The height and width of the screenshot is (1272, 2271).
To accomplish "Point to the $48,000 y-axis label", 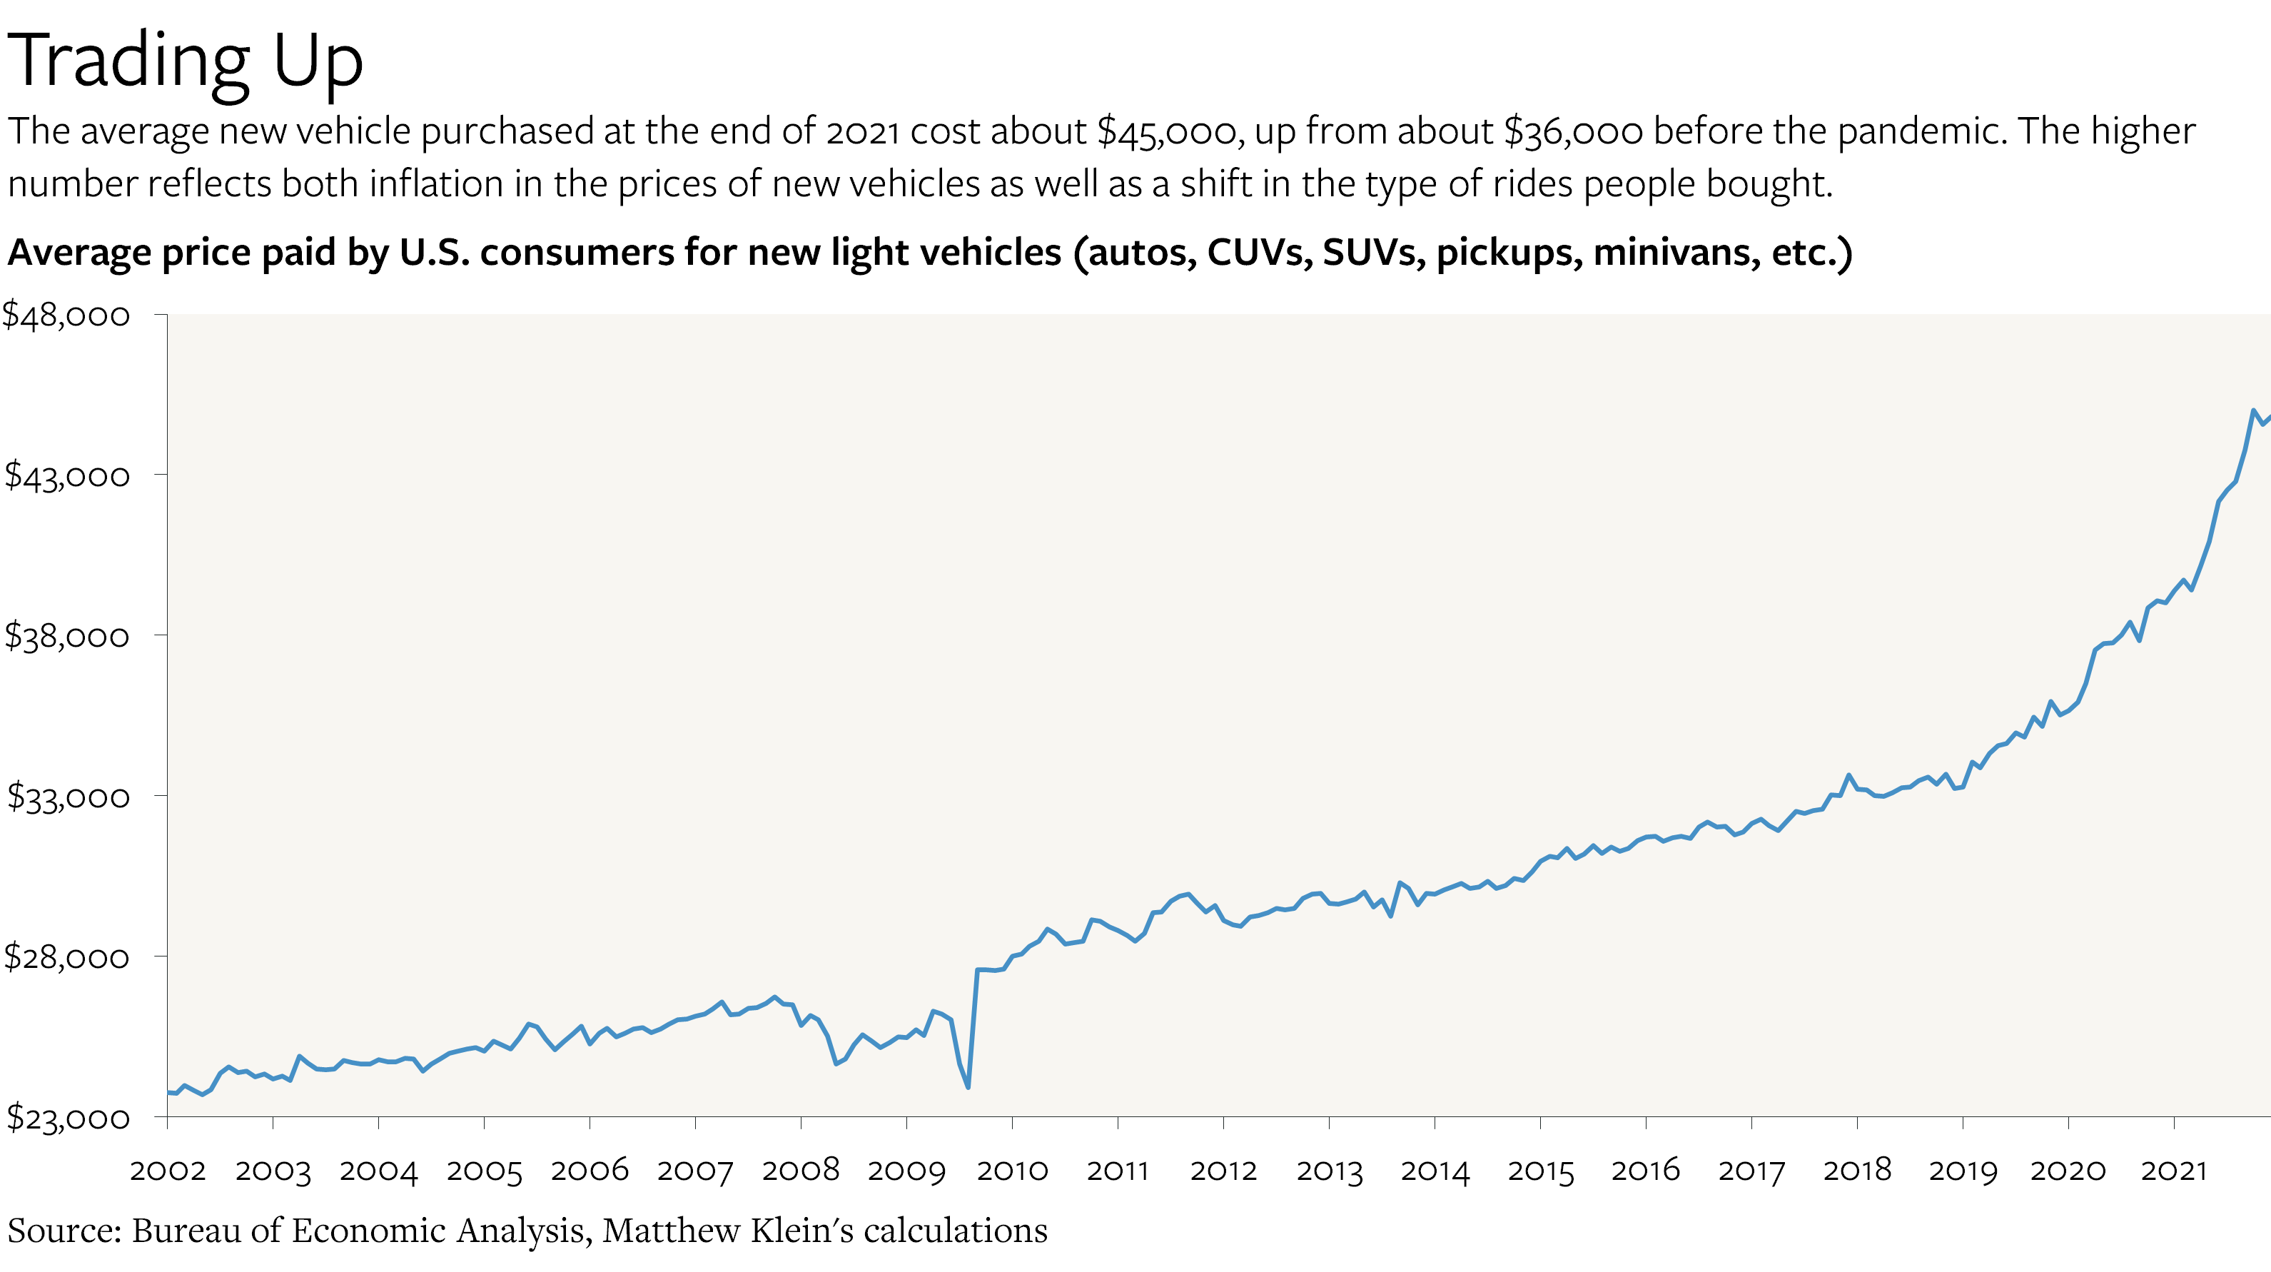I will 66,315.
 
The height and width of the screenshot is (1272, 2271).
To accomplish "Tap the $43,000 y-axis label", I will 66,475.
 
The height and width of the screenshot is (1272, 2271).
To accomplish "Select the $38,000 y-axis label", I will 66,635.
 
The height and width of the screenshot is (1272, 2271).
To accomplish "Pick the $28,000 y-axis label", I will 66,956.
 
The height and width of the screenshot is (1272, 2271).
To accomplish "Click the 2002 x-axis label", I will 168,1170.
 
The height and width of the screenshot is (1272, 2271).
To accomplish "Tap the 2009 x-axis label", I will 906,1170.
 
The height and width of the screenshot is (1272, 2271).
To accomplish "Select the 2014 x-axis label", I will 1435,1170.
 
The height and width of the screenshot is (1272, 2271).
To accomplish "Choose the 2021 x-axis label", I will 2173,1170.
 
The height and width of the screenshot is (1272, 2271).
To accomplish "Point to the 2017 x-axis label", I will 1751,1170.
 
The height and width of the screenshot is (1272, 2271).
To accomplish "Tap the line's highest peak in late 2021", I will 2253,410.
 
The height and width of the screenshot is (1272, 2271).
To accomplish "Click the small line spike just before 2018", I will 1848,776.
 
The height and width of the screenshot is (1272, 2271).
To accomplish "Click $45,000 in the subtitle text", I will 1170,131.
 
